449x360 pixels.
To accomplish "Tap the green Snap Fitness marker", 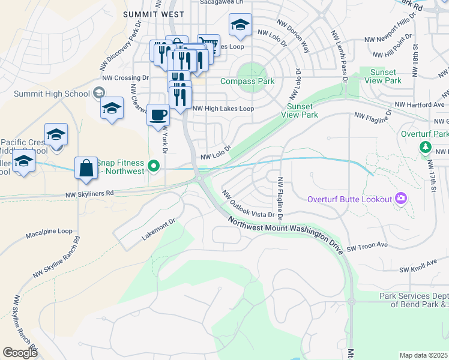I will [154, 166].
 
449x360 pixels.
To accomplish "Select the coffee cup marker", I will [158, 114].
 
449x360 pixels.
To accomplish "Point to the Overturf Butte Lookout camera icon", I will [401, 199].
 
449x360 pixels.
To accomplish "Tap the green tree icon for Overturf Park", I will [426, 146].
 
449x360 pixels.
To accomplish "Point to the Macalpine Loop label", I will [49, 231].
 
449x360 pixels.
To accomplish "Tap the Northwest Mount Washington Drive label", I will [286, 235].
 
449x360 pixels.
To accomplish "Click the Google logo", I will [20, 353].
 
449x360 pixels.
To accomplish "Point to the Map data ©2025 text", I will [424, 355].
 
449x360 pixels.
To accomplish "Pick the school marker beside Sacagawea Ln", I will [240, 25].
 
